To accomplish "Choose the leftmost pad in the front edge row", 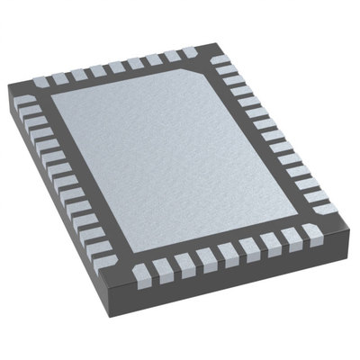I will pyautogui.click(x=146, y=273).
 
